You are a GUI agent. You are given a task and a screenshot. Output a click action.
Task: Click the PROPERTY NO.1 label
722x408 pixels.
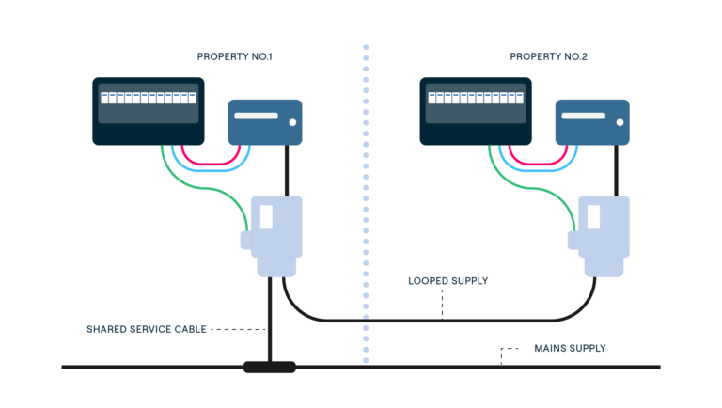(234, 57)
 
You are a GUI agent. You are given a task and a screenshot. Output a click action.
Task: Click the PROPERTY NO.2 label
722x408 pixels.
(548, 57)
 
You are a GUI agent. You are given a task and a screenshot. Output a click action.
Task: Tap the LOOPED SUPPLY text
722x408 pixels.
(447, 281)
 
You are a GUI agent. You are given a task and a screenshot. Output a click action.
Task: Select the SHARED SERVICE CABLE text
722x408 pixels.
(146, 329)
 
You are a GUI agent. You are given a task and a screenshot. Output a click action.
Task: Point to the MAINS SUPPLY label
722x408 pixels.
(570, 348)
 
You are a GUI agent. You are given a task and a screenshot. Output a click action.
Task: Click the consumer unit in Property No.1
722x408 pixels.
(148, 111)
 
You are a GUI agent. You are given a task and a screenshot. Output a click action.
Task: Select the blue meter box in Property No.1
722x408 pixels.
(265, 122)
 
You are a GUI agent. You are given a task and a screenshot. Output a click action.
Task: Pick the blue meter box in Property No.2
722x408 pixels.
(591, 122)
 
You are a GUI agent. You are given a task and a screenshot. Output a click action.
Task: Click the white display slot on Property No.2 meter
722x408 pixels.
(583, 116)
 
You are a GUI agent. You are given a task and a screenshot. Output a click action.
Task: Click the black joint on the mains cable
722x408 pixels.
(269, 367)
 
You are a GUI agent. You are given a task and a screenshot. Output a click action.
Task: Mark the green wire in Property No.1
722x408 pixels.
(202, 189)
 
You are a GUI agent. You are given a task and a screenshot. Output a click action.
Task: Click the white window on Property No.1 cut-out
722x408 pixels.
(266, 217)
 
